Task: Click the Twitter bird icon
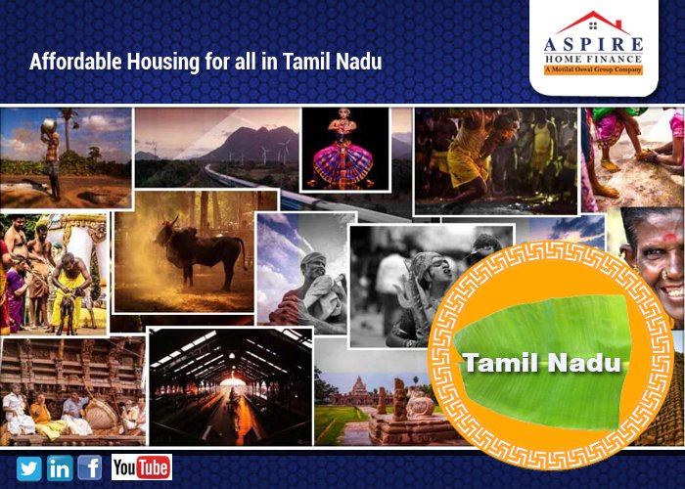point(29,467)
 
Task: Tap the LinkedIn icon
point(60,467)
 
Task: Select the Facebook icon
point(90,467)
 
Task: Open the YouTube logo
point(141,467)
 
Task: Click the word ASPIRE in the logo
point(595,43)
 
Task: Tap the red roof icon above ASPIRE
point(594,22)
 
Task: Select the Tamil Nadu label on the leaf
point(542,365)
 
